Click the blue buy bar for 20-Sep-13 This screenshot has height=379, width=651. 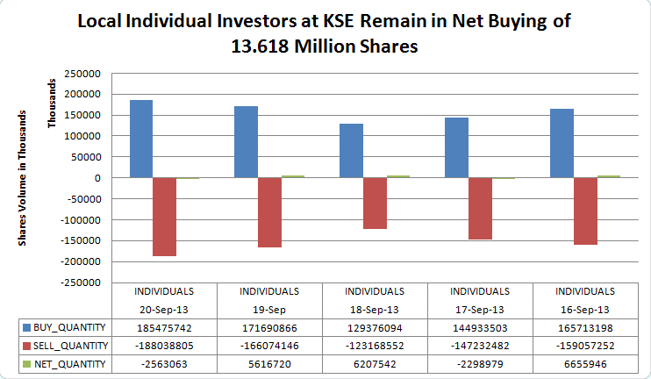141,139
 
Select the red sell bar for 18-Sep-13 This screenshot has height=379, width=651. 376,204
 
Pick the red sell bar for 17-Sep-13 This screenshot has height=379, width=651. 480,209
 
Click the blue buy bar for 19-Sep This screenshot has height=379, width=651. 246,142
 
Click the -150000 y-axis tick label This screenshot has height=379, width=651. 98,240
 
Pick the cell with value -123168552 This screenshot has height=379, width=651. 375,345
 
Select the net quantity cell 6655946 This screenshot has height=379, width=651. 585,364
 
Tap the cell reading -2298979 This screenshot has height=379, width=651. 480,364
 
